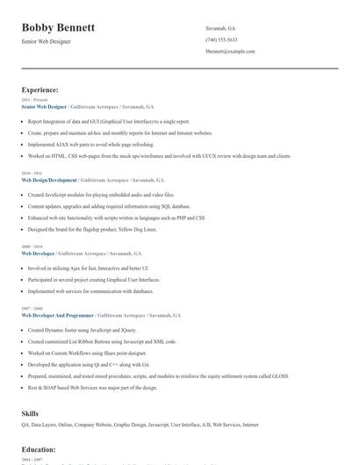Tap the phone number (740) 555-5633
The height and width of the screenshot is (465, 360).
pos(220,39)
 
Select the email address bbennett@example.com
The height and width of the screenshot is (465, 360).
pos(230,52)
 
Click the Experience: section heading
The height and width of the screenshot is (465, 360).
pos(40,89)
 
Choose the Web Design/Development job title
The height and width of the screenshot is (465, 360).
pos(49,180)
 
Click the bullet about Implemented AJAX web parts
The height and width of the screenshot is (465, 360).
pos(90,144)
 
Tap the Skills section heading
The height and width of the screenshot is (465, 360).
pos(30,412)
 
